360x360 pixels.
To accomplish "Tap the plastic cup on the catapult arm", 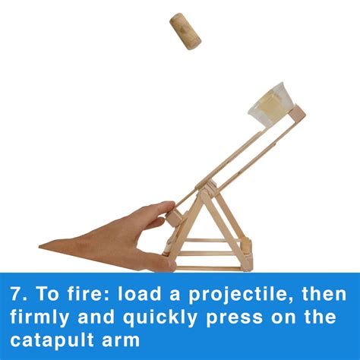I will coord(270,101).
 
